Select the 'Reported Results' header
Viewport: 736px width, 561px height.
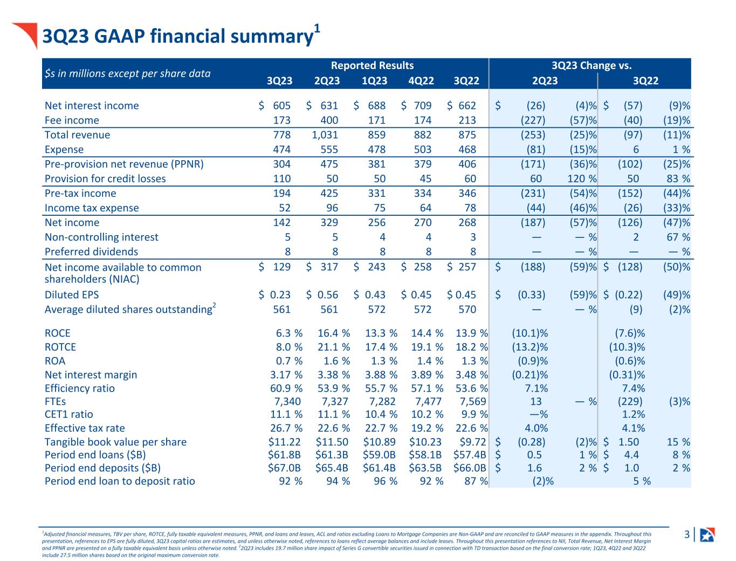point(372,66)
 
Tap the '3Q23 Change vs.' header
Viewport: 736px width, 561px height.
point(591,66)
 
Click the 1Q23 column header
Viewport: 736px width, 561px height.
point(374,81)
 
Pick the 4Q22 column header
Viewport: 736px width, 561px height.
point(421,81)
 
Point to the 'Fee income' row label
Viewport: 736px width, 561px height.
point(72,120)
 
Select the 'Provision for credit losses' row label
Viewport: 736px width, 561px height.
point(105,179)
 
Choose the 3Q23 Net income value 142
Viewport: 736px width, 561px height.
point(282,222)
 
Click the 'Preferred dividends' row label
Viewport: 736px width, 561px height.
point(91,251)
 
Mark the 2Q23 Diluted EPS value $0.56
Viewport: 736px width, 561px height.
point(322,295)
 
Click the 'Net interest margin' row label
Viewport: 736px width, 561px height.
point(91,374)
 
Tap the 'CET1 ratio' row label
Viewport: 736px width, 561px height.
point(68,414)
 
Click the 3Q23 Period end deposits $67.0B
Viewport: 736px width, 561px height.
point(284,468)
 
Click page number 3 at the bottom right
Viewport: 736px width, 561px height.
point(686,535)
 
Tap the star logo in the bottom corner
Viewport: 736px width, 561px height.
point(707,535)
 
